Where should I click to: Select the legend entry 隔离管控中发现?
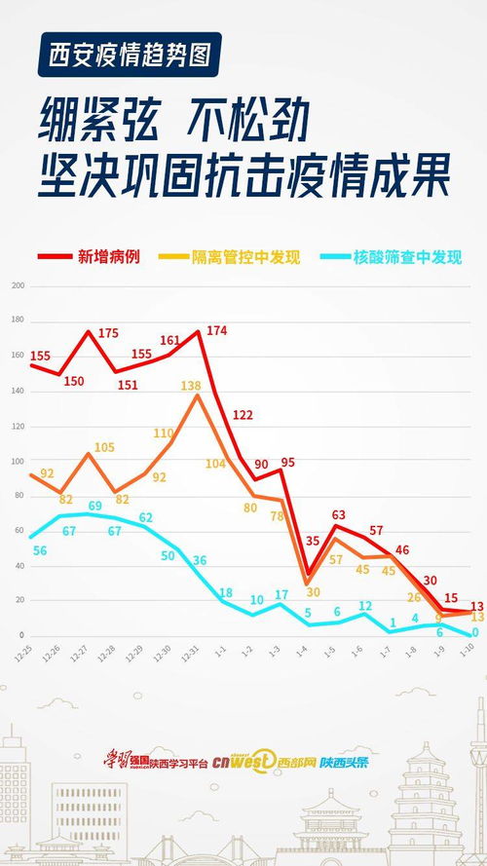tap(244, 257)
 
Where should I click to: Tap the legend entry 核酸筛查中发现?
tap(400, 257)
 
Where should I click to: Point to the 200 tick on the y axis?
tap(18, 285)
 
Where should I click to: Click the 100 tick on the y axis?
tap(18, 461)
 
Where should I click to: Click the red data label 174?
tap(216, 331)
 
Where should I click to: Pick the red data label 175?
tap(108, 333)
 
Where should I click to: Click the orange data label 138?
tap(191, 387)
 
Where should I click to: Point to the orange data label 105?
tap(104, 448)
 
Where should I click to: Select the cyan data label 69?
tap(95, 506)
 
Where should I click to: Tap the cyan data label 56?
tap(40, 550)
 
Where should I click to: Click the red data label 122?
tap(243, 415)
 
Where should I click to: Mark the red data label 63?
tap(339, 514)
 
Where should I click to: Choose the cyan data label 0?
tap(475, 632)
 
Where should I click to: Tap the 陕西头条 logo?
tap(346, 762)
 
